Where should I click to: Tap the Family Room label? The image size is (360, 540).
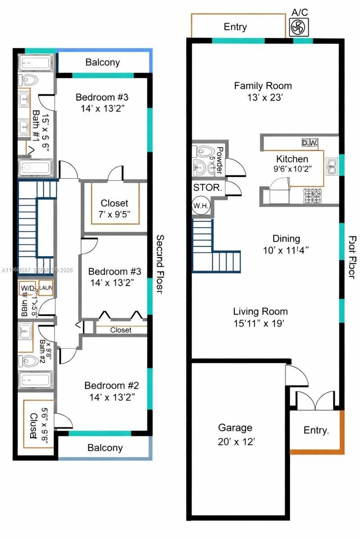(x=263, y=85)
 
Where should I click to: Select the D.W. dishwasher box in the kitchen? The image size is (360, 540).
(x=310, y=143)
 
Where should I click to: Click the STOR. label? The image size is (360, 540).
(x=207, y=188)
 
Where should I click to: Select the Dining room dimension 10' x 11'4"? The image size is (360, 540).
(x=286, y=250)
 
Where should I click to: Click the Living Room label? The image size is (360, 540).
(x=260, y=311)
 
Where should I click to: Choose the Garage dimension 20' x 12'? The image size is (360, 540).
(x=235, y=441)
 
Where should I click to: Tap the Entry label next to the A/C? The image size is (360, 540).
(x=235, y=27)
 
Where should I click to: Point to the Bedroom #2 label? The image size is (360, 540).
(x=112, y=386)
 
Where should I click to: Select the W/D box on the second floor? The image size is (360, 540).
(x=27, y=288)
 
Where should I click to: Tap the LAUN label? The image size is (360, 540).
(x=46, y=288)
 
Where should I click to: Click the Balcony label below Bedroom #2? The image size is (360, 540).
(x=105, y=448)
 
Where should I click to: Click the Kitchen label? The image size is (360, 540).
(x=292, y=159)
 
